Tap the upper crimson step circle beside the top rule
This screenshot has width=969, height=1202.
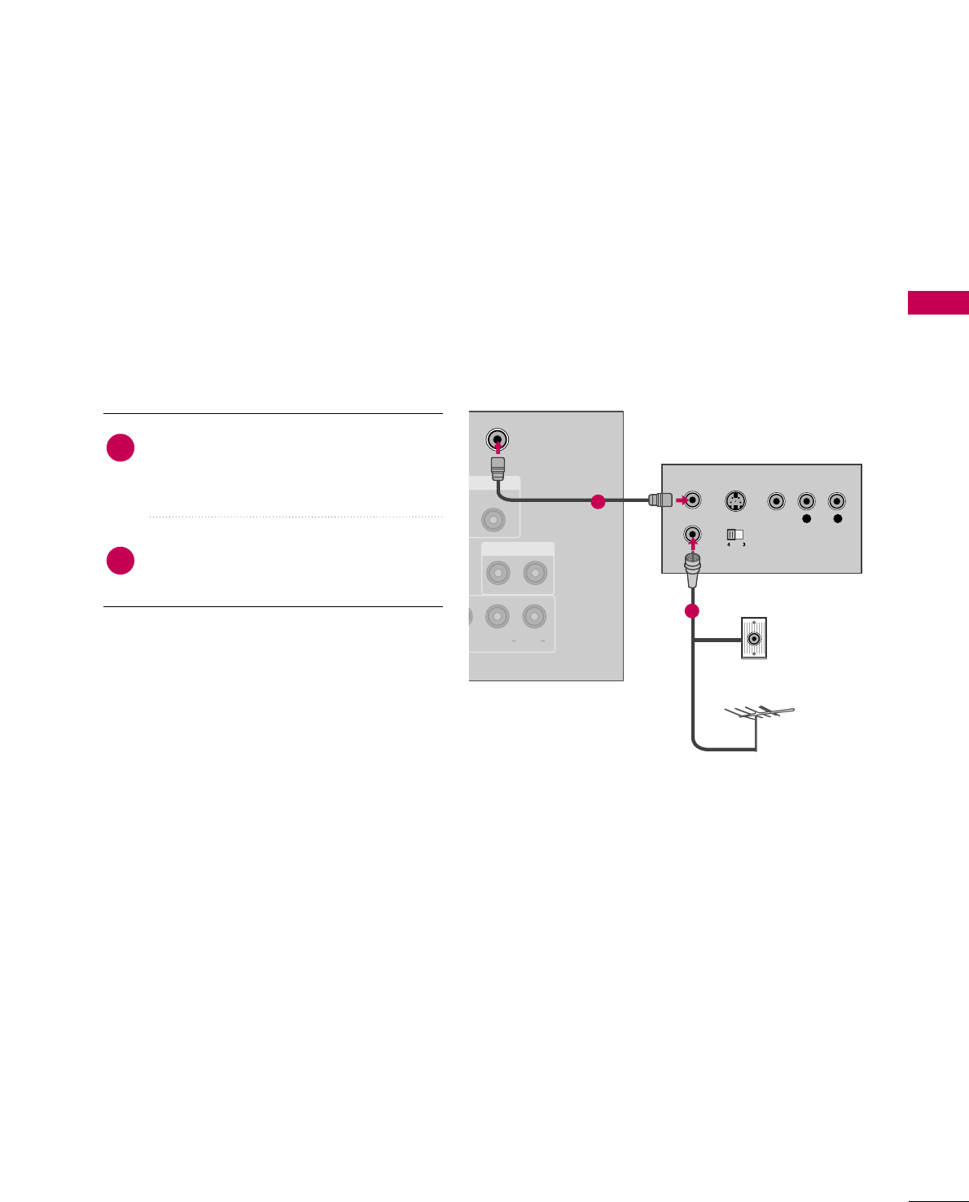[121, 448]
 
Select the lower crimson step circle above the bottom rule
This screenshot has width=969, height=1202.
[121, 561]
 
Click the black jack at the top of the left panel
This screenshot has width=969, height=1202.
[498, 440]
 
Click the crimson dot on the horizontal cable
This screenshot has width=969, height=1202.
[598, 502]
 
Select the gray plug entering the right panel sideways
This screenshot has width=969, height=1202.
[659, 500]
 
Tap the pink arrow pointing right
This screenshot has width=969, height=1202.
[682, 500]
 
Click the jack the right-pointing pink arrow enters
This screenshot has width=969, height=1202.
[693, 500]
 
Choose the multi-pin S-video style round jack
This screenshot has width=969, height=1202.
[736, 501]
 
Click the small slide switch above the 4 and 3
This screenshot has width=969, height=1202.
[734, 535]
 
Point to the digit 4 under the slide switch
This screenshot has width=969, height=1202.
[729, 544]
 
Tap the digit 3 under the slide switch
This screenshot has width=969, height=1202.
[743, 544]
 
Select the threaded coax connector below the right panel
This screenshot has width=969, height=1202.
[692, 569]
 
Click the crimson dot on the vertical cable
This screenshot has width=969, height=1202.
[692, 611]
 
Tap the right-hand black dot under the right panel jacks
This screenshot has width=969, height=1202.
[838, 518]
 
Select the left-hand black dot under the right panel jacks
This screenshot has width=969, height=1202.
[807, 518]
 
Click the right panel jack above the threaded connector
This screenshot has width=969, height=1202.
[692, 535]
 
